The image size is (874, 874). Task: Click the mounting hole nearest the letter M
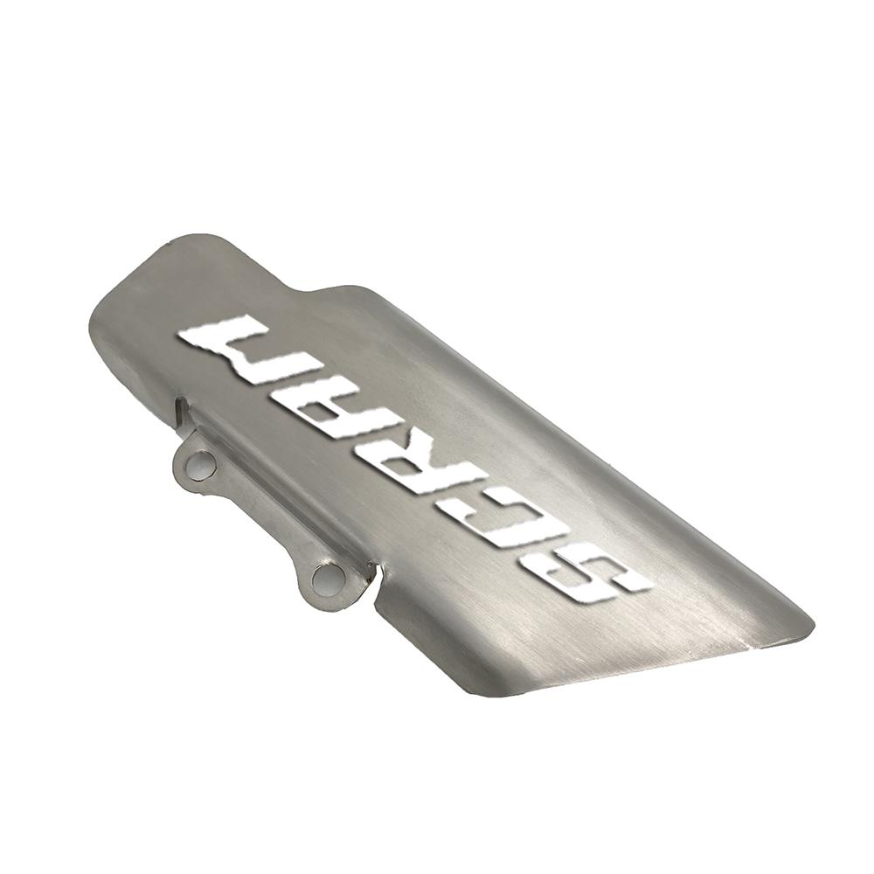click(x=199, y=463)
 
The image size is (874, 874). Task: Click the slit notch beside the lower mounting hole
click(x=375, y=570)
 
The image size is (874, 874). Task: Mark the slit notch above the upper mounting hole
click(x=181, y=408)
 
